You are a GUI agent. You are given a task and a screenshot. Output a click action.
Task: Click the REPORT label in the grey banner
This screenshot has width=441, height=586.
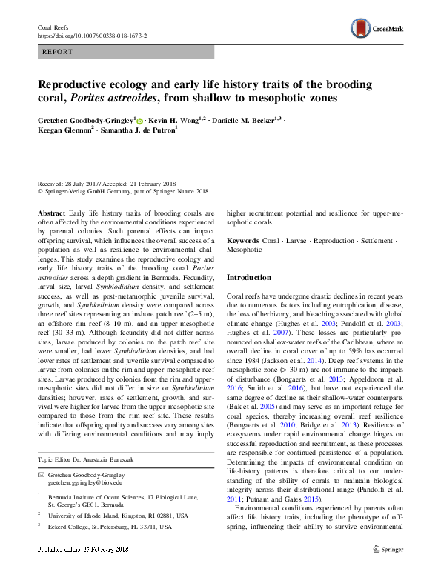(x=58, y=53)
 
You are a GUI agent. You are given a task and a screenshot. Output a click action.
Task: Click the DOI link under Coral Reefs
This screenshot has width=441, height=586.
(x=91, y=35)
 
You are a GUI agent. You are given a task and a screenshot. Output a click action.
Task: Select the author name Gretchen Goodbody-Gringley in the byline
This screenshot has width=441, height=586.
(x=87, y=120)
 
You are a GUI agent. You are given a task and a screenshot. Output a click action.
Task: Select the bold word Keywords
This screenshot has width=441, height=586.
(x=242, y=242)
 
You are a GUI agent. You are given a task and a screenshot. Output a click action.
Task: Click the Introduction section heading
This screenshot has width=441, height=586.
(x=250, y=277)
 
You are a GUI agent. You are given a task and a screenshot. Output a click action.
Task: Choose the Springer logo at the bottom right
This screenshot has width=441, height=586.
(x=387, y=570)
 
